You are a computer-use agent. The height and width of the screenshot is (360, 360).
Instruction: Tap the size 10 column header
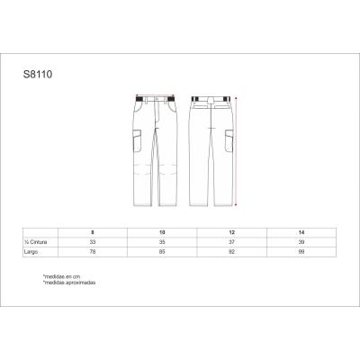pos(163,233)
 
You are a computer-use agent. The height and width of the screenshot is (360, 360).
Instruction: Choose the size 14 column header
pos(301,233)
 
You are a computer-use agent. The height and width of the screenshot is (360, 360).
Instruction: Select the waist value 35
pos(163,242)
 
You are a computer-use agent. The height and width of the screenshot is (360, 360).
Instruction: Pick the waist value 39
pos(301,242)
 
